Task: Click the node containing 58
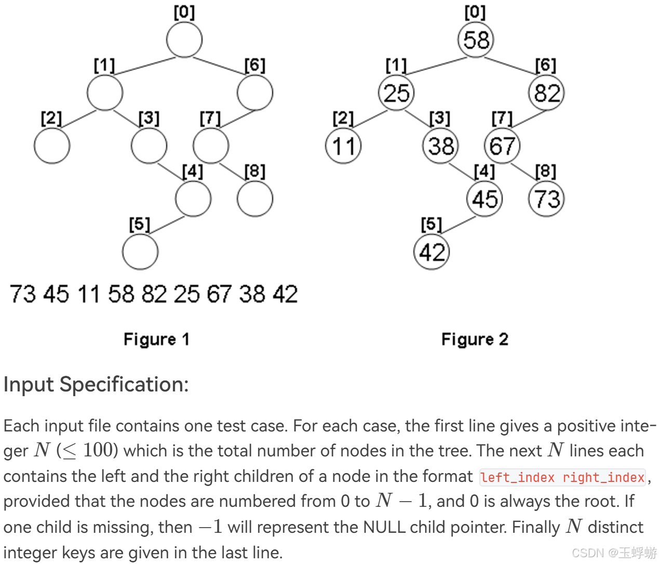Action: click(x=476, y=40)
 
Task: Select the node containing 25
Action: click(x=396, y=93)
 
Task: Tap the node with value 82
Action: click(x=546, y=93)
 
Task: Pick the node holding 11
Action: click(x=343, y=146)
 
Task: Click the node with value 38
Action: click(x=440, y=146)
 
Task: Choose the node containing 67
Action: click(x=502, y=146)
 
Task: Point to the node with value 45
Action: click(x=485, y=199)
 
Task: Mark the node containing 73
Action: click(x=546, y=199)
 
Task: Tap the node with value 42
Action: click(x=432, y=252)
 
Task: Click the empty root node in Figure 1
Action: click(x=184, y=40)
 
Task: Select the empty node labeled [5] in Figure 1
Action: click(x=140, y=252)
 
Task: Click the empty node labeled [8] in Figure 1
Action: click(x=255, y=199)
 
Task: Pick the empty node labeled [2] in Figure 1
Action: click(x=52, y=146)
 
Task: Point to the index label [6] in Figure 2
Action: click(x=545, y=65)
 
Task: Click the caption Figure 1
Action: click(x=156, y=339)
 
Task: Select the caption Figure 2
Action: click(x=475, y=339)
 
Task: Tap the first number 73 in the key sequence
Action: click(x=23, y=294)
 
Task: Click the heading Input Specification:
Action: click(x=96, y=385)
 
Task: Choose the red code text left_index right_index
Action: click(x=562, y=477)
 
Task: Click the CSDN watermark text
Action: click(x=614, y=553)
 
